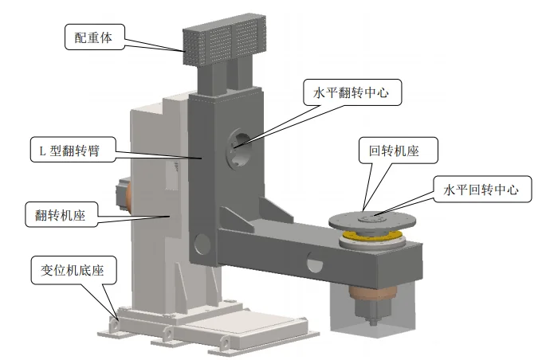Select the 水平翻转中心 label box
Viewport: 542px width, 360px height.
tap(352, 92)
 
